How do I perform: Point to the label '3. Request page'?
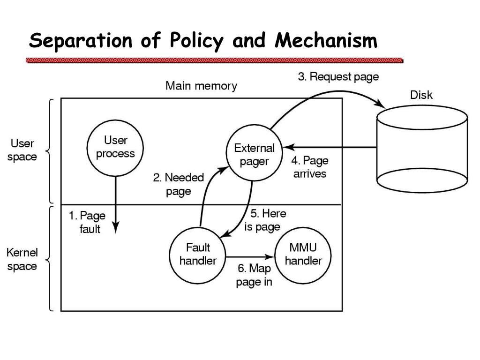pyautogui.click(x=338, y=76)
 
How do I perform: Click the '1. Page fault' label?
pyautogui.click(x=87, y=222)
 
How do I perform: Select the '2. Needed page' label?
pyautogui.click(x=179, y=184)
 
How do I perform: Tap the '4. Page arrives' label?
pyautogui.click(x=310, y=167)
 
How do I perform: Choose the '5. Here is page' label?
pyautogui.click(x=265, y=220)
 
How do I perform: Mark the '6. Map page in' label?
pyautogui.click(x=254, y=275)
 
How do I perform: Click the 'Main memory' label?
pyautogui.click(x=201, y=86)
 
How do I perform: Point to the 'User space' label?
pyautogui.click(x=22, y=150)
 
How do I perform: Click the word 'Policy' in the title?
pyautogui.click(x=196, y=41)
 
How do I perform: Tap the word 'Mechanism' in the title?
pyautogui.click(x=326, y=40)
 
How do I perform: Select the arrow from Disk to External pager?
pyautogui.click(x=330, y=147)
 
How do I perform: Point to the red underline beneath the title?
pyautogui.click(x=214, y=60)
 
